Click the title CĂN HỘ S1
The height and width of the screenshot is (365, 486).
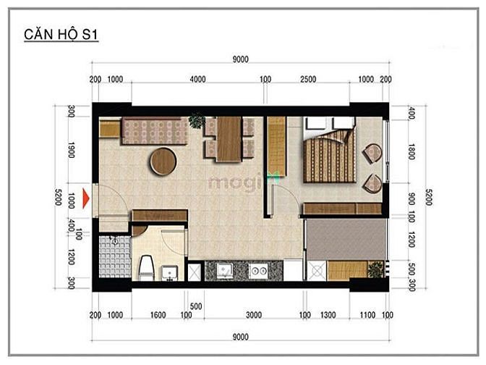tap(61, 35)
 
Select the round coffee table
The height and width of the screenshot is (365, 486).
tap(163, 161)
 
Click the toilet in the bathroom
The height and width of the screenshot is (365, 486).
tap(146, 267)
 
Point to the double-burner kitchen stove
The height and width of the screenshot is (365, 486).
tap(258, 271)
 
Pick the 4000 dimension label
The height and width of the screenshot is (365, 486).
tap(197, 79)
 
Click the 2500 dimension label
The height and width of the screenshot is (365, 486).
tap(308, 79)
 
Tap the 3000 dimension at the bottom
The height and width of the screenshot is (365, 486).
tap(254, 315)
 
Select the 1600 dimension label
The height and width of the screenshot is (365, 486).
tap(158, 315)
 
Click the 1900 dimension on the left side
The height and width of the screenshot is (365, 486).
tap(71, 150)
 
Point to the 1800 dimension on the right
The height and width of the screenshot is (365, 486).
tap(412, 151)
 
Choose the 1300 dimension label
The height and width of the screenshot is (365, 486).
tap(328, 315)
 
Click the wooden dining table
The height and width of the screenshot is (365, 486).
tap(229, 139)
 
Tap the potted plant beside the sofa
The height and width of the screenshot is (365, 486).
tap(197, 120)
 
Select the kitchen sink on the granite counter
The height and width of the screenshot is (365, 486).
tap(225, 271)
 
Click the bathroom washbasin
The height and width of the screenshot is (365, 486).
tap(169, 272)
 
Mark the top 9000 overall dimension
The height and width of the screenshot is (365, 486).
tap(241, 59)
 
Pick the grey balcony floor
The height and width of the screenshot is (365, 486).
tap(346, 239)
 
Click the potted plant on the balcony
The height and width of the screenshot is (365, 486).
tap(375, 269)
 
